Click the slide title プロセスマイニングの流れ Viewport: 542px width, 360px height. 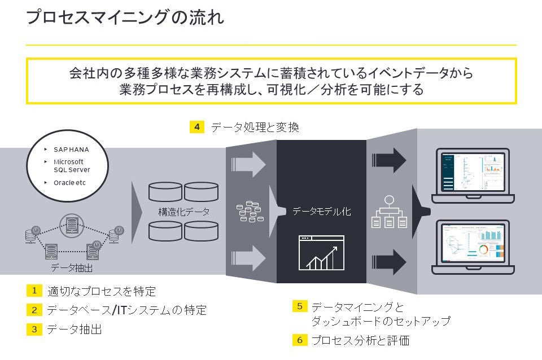point(125,17)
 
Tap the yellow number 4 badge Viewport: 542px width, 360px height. point(196,127)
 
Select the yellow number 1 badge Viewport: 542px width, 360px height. point(34,291)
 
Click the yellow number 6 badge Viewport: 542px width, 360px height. point(300,340)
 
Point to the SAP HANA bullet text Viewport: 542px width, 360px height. point(71,150)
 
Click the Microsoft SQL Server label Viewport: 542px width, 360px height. point(72,165)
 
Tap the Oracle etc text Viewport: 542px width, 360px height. point(70,183)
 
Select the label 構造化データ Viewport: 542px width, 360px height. point(183,212)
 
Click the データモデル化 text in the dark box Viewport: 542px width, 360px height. point(321,212)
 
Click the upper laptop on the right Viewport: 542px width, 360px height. point(473,175)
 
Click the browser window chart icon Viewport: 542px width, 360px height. point(321,252)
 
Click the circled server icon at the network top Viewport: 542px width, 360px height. point(72,225)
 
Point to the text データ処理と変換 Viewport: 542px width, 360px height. point(255,128)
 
